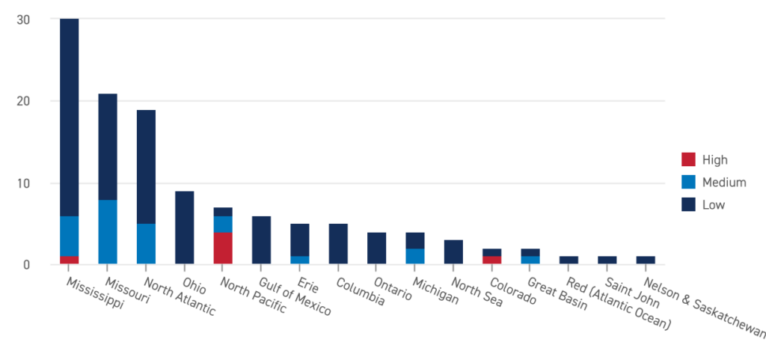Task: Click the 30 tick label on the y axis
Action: pos(23,19)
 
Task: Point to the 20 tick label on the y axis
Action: pos(23,101)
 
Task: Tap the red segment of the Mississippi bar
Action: pos(70,260)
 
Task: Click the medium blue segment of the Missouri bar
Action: pos(108,231)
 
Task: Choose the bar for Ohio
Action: pos(184,227)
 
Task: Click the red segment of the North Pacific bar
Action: pos(223,248)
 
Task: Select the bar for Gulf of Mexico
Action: pos(261,240)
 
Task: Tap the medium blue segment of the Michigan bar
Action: pos(415,256)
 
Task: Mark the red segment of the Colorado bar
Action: pos(491,260)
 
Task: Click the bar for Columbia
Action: pos(338,243)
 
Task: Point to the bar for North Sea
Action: pos(453,251)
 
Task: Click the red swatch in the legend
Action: pos(688,163)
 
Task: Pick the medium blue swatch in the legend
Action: pos(688,186)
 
